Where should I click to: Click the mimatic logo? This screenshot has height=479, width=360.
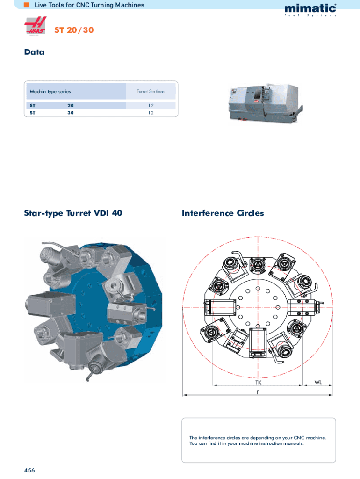(310, 10)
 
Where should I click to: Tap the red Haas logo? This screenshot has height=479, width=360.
(36, 26)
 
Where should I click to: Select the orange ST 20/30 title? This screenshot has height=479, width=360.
(74, 30)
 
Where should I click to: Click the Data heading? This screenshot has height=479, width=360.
(34, 52)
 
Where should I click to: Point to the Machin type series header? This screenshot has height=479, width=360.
(50, 91)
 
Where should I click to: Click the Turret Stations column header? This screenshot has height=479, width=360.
(151, 91)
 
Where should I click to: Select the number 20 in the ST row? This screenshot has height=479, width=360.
(71, 105)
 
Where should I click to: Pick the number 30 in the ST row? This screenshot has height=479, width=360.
(71, 113)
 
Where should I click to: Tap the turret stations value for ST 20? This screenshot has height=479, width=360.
(151, 105)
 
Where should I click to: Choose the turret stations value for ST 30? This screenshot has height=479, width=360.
(151, 113)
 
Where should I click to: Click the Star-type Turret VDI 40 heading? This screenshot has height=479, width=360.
(73, 213)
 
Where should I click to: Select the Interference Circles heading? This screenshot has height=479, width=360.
(223, 213)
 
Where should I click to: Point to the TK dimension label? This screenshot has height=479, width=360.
(259, 382)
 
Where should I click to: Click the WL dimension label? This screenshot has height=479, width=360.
(318, 382)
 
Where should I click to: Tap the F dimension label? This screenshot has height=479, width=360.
(258, 392)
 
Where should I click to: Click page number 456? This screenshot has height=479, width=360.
(29, 470)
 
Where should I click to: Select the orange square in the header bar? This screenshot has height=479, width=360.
(27, 5)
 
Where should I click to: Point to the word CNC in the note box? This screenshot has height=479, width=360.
(299, 438)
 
